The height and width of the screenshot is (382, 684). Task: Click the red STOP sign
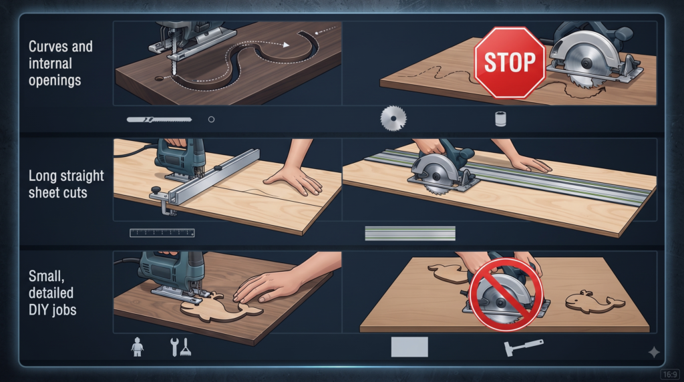[510, 62]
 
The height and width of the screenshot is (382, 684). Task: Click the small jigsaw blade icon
[159, 119]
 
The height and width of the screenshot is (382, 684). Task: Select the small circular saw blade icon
[393, 118]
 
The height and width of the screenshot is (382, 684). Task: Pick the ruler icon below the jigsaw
[162, 233]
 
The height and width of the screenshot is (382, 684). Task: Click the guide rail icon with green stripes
[410, 233]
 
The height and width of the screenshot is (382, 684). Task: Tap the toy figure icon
[138, 347]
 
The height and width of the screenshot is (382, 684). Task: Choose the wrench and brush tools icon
[180, 347]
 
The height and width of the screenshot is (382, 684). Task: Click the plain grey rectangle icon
[409, 347]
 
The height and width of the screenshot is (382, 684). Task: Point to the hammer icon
[524, 347]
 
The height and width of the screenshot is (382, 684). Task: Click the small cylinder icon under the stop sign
[500, 119]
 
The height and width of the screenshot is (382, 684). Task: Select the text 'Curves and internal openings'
[60, 63]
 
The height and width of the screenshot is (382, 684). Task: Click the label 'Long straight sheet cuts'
[66, 184]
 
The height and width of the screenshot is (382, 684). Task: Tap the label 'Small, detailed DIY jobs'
[52, 293]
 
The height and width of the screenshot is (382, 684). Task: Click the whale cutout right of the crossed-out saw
[595, 302]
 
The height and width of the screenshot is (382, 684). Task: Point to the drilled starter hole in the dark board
[159, 79]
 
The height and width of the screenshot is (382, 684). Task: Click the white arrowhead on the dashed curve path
[286, 45]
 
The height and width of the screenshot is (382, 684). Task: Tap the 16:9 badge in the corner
[669, 374]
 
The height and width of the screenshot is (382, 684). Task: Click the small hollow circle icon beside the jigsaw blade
[211, 119]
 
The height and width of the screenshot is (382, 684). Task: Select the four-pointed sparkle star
[653, 353]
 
